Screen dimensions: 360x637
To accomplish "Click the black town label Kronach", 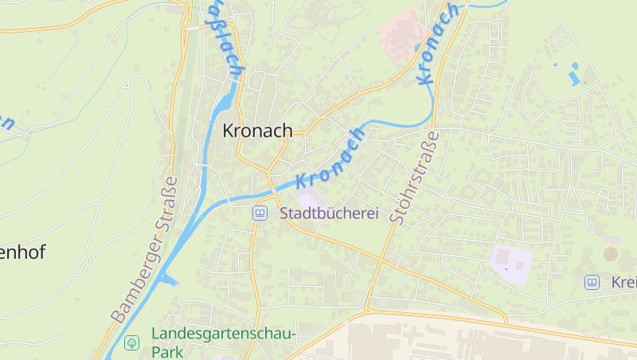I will [x=257, y=131].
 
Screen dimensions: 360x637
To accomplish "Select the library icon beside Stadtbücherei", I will [x=260, y=213].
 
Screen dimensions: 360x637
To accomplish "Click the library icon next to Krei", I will [x=592, y=282].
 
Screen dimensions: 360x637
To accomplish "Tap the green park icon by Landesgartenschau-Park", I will [x=132, y=342].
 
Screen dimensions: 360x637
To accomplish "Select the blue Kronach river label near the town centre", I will [x=331, y=157].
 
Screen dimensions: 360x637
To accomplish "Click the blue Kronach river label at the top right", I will [x=437, y=44].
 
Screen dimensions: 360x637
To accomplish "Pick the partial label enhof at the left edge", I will [x=22, y=253].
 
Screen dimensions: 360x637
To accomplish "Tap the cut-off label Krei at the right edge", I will [x=623, y=282].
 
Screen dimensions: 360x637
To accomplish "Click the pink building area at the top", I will [x=403, y=33].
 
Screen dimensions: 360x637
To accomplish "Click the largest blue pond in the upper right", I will [x=573, y=76].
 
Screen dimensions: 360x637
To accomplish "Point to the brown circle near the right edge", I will [x=610, y=254].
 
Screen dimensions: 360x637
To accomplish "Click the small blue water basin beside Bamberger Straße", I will [x=166, y=278].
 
